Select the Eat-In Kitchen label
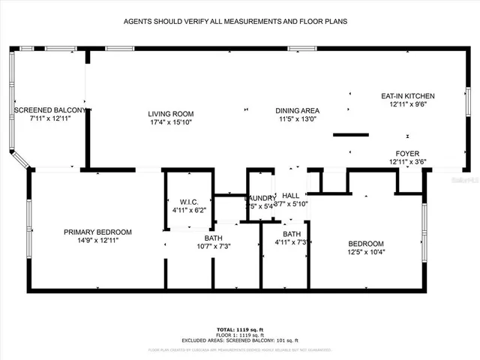tap(408, 96)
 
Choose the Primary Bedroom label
tap(97, 232)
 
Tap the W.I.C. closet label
tap(187, 202)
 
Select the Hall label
tap(290, 195)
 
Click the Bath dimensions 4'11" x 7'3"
tap(292, 242)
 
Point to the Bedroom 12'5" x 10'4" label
tap(366, 244)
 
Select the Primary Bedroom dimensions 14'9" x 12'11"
tap(97, 240)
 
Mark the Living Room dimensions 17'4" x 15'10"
tap(169, 121)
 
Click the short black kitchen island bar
tap(350, 135)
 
